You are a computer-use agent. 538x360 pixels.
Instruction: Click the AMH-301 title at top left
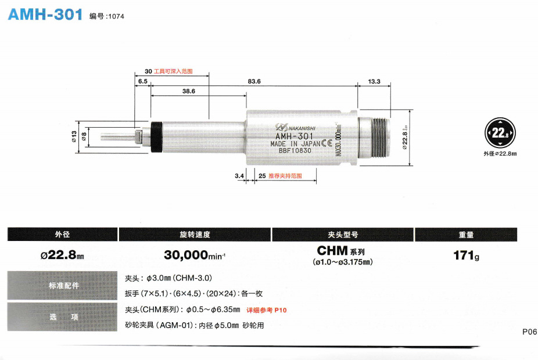pos(45,15)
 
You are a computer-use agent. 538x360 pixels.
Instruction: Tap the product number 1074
pos(116,16)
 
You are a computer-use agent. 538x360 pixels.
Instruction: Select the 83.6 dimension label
pos(254,81)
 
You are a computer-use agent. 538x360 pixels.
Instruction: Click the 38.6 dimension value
pos(188,91)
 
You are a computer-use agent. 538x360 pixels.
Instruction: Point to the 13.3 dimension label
pos(374,81)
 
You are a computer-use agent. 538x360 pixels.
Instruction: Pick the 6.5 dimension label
pos(143,81)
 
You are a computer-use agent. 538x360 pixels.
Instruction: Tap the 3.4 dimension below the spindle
pos(239,175)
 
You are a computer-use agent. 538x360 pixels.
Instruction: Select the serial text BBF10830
pos(295,151)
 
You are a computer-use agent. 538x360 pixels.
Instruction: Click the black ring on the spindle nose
pos(156,138)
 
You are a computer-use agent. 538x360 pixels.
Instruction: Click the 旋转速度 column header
pos(195,235)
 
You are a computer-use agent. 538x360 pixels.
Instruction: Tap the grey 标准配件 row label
pos(63,286)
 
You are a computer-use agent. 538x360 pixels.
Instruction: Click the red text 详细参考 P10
pos(267,310)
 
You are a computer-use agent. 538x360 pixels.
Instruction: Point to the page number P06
pos(529,332)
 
